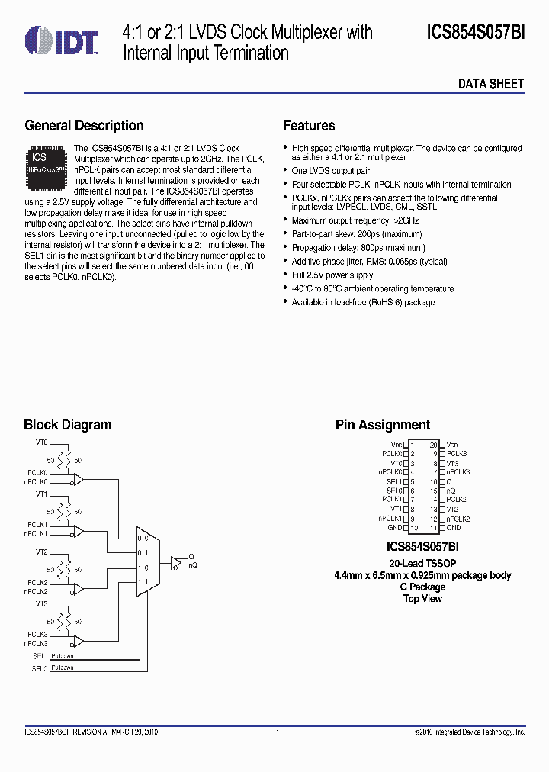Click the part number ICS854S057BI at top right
[476, 32]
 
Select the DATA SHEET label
[490, 84]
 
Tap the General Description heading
[84, 126]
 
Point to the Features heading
[309, 126]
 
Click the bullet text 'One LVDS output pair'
[331, 172]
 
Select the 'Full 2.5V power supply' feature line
[332, 275]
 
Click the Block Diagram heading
[67, 425]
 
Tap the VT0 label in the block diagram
[41, 442]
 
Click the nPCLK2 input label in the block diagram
[36, 591]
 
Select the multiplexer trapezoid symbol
[148, 565]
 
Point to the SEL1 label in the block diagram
[40, 655]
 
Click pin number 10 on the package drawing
[414, 528]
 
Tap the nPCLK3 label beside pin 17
[458, 472]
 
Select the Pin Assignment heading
[383, 425]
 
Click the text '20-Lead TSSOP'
[422, 563]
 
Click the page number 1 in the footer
[278, 732]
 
